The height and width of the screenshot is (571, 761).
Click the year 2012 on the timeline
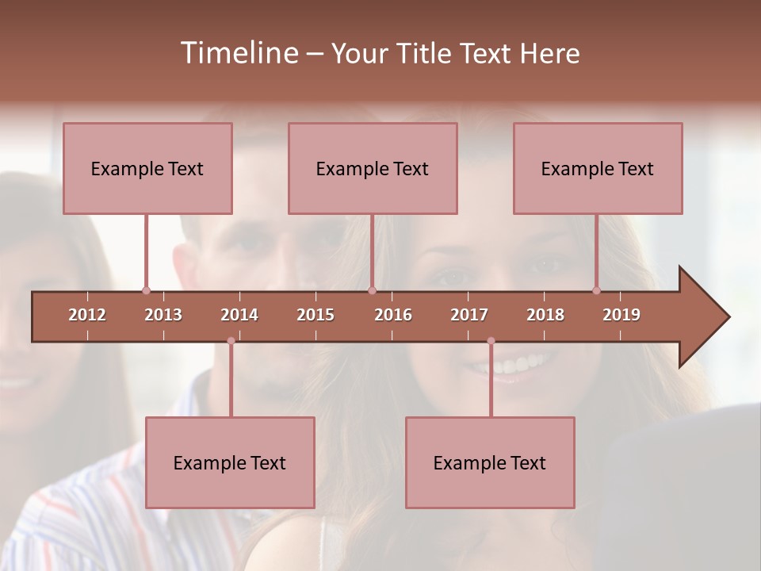87,315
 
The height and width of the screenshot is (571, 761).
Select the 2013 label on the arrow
163,315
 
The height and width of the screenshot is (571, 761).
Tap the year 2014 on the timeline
239,315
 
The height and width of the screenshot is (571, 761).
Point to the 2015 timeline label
315,315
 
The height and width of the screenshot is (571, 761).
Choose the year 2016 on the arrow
393,315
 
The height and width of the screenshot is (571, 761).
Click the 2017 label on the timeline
469,315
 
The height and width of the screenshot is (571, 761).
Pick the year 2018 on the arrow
545,315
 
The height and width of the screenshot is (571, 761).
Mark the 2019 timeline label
621,315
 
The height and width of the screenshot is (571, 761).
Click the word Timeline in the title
238,53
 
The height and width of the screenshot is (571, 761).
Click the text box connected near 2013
147,168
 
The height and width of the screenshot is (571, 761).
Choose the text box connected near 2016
373,168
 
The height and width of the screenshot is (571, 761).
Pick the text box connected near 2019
598,168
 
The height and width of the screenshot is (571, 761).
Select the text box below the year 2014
230,462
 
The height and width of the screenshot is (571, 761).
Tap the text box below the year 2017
490,462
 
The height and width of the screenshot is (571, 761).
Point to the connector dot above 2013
146,291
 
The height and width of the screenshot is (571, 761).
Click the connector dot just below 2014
231,341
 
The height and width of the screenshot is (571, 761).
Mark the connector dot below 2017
491,341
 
